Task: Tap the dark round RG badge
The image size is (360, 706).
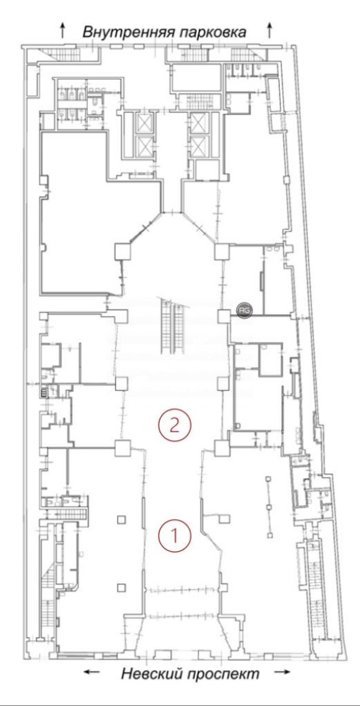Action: pos(242,310)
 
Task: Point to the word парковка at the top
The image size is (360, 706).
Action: pos(212,31)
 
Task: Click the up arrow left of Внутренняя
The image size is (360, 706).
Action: pos(63,29)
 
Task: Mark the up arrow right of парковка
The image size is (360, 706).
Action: pos(270,29)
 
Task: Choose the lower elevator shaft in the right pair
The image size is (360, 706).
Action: pos(198,146)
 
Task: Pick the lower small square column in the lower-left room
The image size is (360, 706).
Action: pos(121,587)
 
